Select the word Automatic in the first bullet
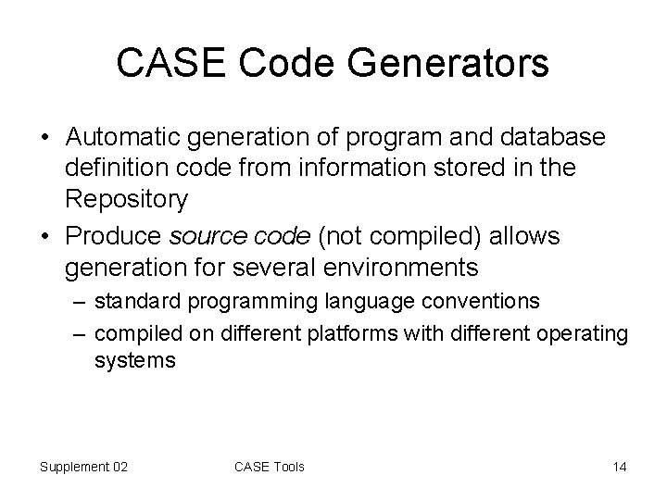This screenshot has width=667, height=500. tap(126, 137)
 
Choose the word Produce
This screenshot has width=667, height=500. tap(113, 236)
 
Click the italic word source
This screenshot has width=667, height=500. tap(207, 236)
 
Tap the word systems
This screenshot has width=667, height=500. tap(134, 360)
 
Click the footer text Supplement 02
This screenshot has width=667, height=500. tap(83, 467)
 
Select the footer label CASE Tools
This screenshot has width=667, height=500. tap(270, 467)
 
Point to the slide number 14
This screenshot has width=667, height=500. tap(619, 467)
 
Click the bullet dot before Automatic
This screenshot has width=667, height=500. tap(45, 138)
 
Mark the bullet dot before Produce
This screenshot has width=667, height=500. tap(45, 237)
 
